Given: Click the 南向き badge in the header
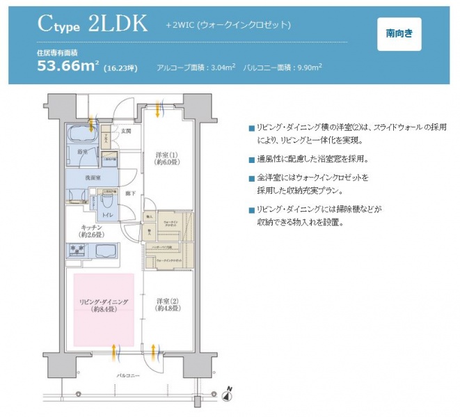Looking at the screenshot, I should point(399,33).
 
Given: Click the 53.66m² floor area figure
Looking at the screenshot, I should point(68,66).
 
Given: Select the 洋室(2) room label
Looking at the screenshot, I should point(167,304).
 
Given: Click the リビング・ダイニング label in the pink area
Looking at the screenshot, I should point(103,305).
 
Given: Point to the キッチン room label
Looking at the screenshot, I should point(93,231).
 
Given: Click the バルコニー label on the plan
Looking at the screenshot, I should point(129,376).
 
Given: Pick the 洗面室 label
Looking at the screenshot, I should point(82,178).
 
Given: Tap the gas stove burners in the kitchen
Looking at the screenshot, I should point(77,251).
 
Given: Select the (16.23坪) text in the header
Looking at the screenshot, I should point(121,68).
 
